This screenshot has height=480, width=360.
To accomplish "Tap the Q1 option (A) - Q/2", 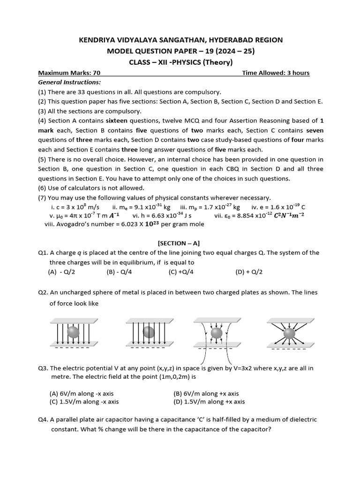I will tap(62, 271).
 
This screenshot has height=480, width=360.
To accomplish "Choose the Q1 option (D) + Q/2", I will tap(249, 271).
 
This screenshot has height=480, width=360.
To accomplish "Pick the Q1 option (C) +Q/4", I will tap(181, 271).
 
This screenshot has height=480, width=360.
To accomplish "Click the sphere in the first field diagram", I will tap(74, 332).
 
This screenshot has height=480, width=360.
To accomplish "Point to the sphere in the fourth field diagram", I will tap(289, 333).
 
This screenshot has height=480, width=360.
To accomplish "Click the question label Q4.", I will tap(44, 420).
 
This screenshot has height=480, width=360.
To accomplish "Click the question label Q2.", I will tap(44, 292).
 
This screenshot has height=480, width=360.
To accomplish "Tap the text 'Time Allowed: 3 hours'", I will tap(276, 73).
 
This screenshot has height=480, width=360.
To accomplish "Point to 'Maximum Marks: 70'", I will tap(69, 73).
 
